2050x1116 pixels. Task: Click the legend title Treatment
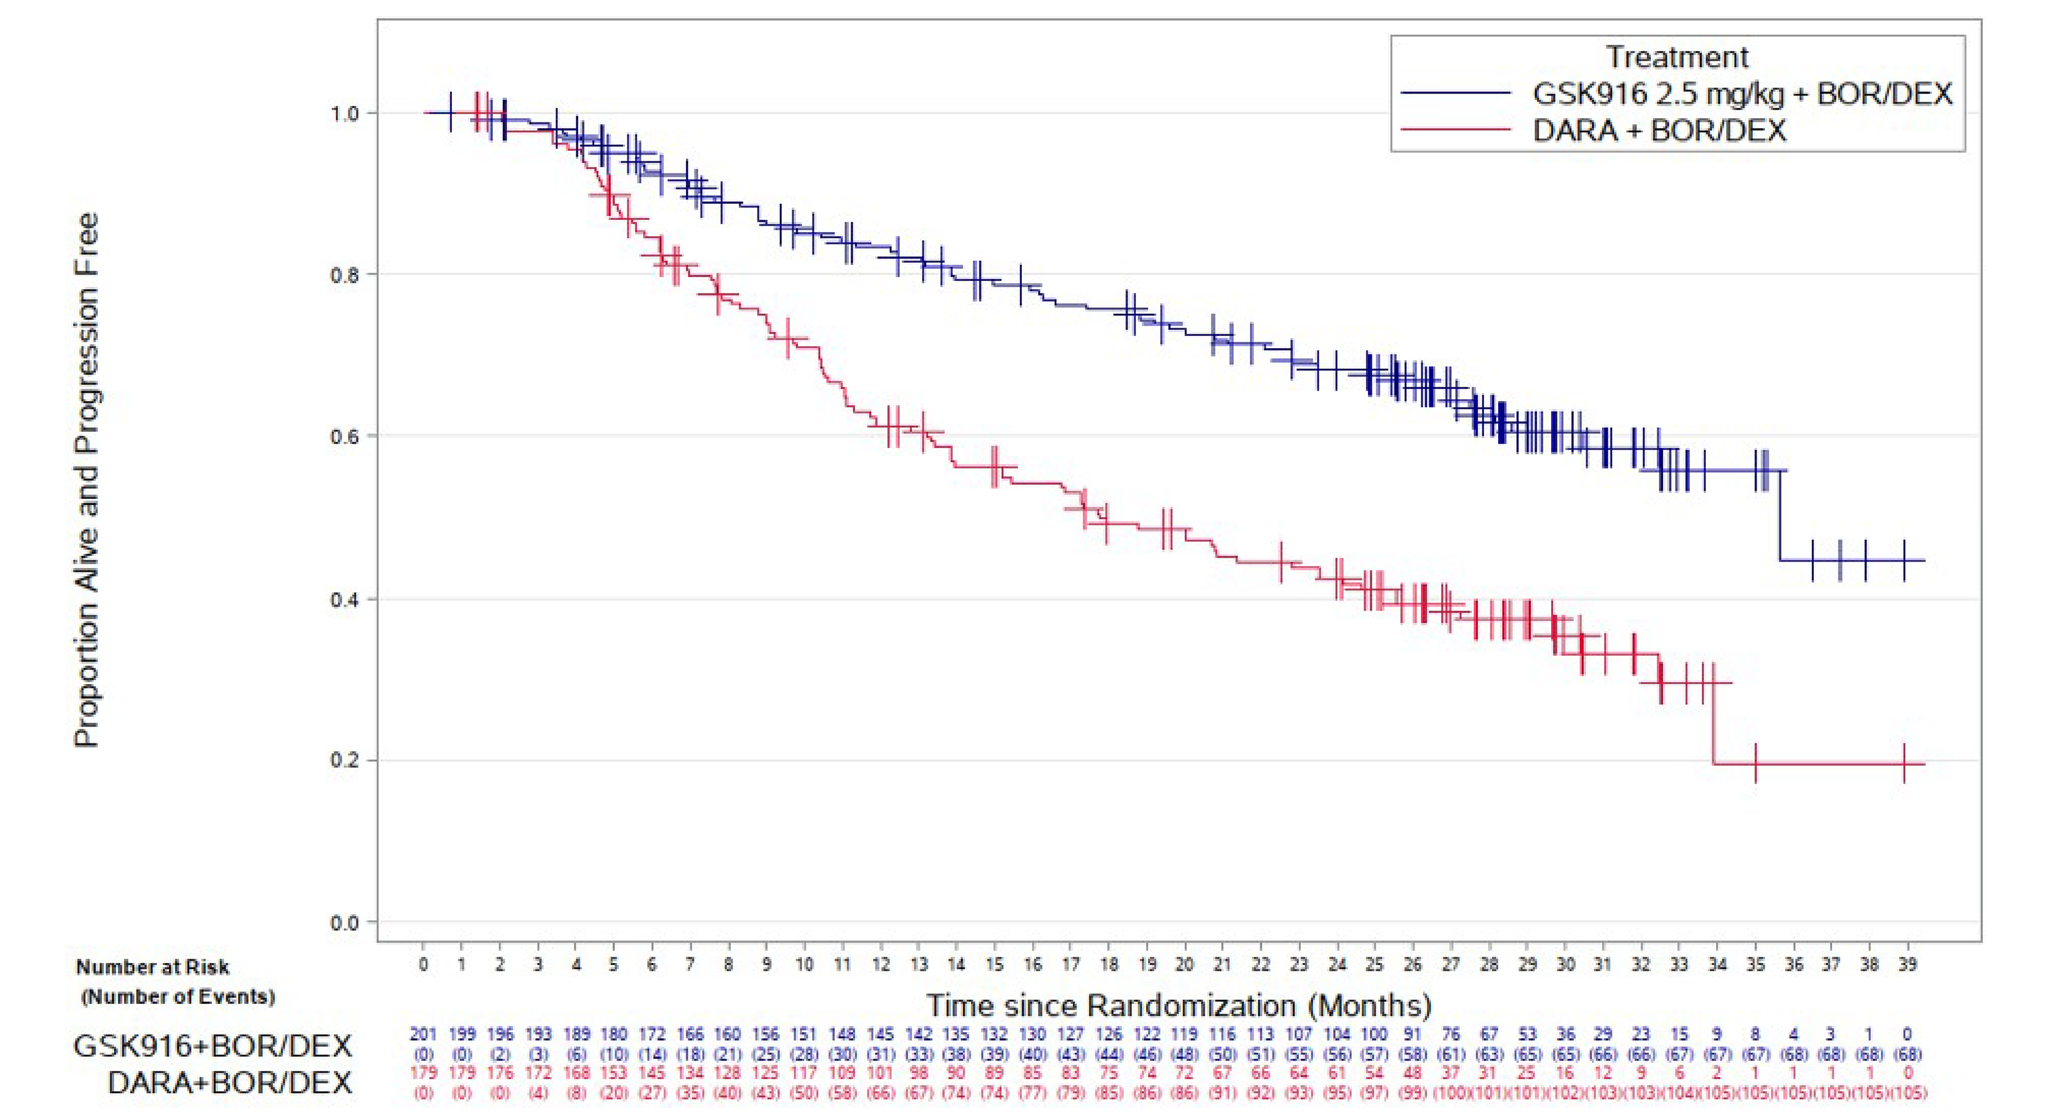coord(1677,57)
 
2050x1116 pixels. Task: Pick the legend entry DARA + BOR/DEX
coord(1659,130)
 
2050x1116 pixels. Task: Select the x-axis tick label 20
coord(1184,964)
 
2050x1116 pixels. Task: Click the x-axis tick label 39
coord(1907,964)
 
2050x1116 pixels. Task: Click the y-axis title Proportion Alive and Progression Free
coord(86,480)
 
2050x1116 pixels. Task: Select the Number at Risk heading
coord(152,967)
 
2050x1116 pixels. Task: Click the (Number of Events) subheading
coord(177,997)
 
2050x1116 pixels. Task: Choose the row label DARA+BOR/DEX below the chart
coord(229,1082)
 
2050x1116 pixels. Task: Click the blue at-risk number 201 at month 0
coord(424,1034)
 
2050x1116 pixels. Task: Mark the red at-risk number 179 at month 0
coord(424,1072)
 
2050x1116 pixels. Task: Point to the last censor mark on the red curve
coord(1904,763)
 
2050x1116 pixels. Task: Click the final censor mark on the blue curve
coord(1904,560)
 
